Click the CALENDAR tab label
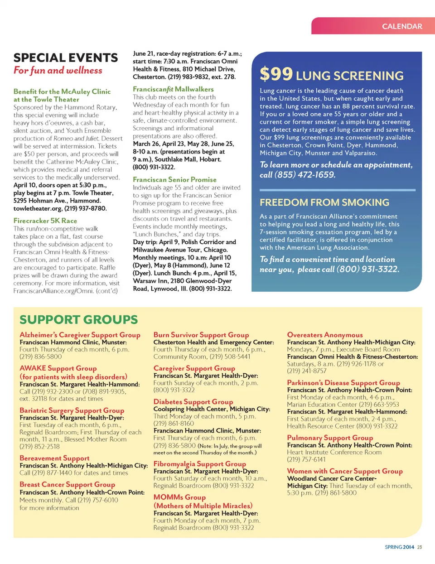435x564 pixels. click(402, 26)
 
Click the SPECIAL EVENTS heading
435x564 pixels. click(66, 58)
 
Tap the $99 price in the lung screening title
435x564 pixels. click(276, 74)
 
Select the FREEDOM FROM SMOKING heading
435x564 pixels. click(324, 202)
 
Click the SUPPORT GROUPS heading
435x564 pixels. click(78, 319)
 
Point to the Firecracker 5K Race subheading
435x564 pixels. click(45, 221)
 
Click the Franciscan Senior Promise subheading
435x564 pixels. click(174, 179)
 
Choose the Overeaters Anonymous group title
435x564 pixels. click(325, 335)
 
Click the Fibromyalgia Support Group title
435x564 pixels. click(199, 464)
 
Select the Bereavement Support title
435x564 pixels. click(54, 458)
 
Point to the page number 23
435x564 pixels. click(420, 547)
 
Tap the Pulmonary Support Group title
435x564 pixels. click(330, 438)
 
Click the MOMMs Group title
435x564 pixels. click(179, 497)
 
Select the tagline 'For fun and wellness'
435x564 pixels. click(58, 70)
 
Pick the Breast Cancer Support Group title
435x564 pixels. click(67, 484)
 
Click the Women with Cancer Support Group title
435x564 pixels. click(345, 471)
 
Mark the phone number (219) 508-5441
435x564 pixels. click(230, 357)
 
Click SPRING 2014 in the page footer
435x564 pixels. click(399, 547)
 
